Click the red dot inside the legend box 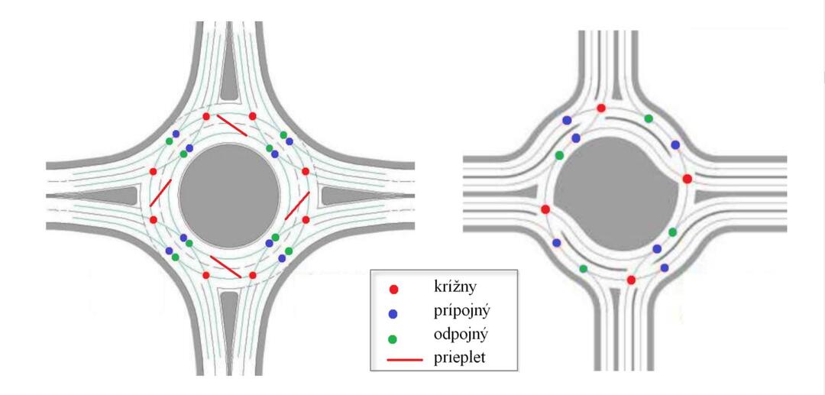[x=393, y=290]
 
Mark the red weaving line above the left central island [x=231, y=125]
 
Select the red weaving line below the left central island [x=226, y=267]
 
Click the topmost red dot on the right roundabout [x=601, y=108]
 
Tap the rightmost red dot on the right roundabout [x=687, y=179]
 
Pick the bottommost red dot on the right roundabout [x=631, y=280]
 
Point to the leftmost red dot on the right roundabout [x=545, y=209]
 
